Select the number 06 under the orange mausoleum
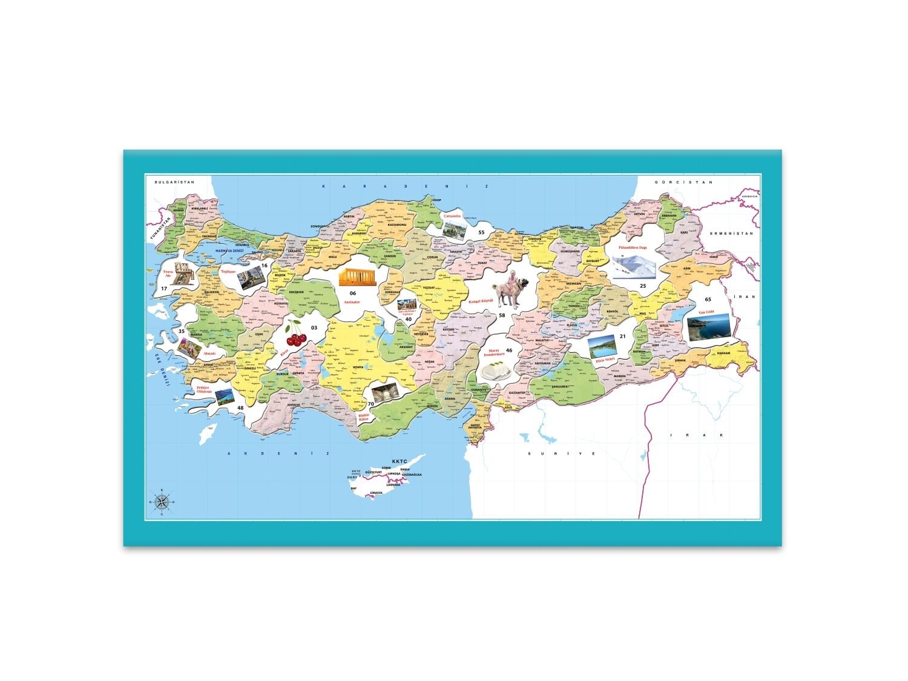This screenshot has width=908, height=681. [x=352, y=293]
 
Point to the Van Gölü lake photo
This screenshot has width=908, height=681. [x=708, y=328]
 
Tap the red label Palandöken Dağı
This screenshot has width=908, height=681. [x=633, y=248]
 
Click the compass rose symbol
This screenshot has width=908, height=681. [x=162, y=501]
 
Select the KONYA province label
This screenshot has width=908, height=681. [x=357, y=367]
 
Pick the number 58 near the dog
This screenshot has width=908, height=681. [x=501, y=315]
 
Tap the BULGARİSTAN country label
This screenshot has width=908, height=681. [x=174, y=182]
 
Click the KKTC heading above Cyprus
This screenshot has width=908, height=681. [x=400, y=461]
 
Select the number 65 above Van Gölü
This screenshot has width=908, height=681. [x=708, y=300]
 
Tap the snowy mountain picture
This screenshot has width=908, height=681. [x=634, y=266]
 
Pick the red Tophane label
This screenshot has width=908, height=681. [x=228, y=272]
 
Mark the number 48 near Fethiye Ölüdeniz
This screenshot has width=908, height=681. [x=240, y=408]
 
